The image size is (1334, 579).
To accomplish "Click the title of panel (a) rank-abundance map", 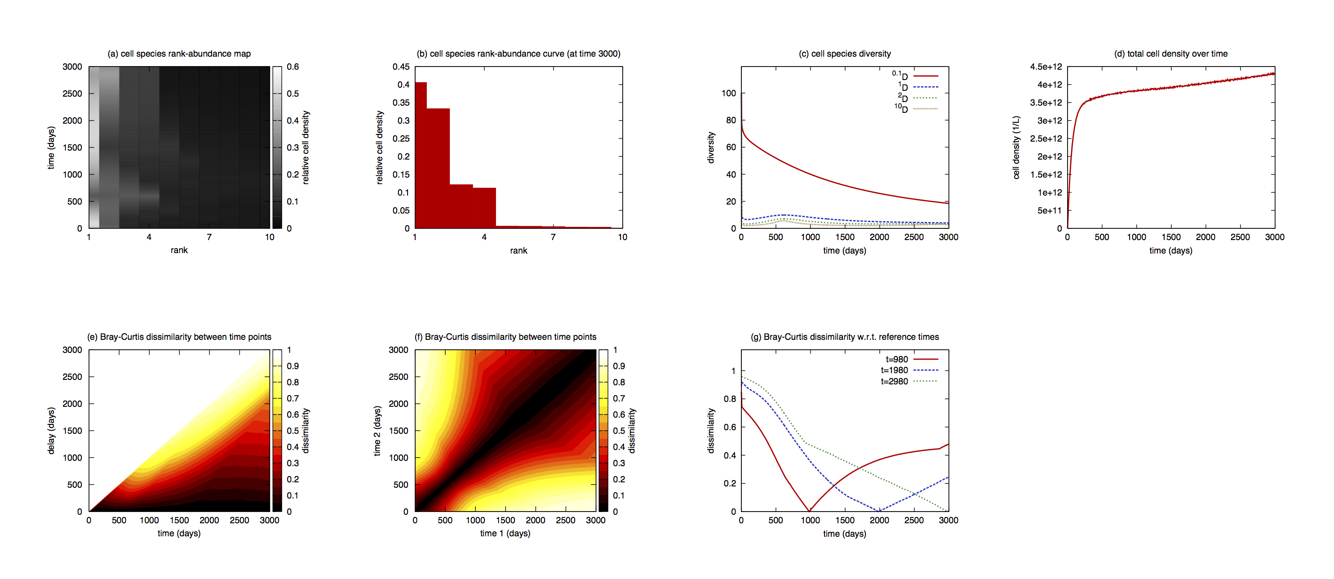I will [x=179, y=53].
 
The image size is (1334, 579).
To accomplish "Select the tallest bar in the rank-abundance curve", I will [x=421, y=156].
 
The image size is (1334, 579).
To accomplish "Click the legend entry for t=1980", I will [x=894, y=370].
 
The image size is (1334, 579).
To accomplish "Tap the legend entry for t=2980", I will [x=894, y=382].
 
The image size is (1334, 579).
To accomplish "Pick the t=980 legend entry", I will [x=896, y=360].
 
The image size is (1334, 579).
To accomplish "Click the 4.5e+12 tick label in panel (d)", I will [x=1046, y=67].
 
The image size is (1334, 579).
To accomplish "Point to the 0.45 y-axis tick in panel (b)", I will [x=401, y=67].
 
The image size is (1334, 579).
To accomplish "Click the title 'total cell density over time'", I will [x=1170, y=53].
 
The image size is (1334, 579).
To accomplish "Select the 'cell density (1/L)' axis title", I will [x=1016, y=147].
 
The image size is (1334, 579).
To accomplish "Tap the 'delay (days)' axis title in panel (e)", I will [x=51, y=431].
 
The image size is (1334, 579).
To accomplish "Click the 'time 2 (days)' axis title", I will [x=377, y=431].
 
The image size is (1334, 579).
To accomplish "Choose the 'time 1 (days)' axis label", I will [x=505, y=534].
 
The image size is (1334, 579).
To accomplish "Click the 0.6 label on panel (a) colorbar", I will [x=293, y=67].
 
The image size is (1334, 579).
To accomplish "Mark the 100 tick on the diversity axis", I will [x=728, y=93].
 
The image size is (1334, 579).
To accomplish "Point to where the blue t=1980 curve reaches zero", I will [x=879, y=511].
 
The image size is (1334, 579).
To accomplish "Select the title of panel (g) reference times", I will [x=845, y=337].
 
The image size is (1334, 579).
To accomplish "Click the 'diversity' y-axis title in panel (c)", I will [x=710, y=147].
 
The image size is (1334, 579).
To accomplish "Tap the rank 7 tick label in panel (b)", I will [x=553, y=237].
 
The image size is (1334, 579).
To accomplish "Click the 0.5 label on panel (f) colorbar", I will [x=619, y=431].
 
